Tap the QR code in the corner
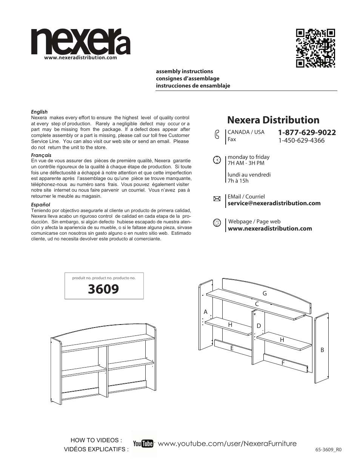pyautogui.click(x=315, y=48)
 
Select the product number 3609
pyautogui.click(x=103, y=289)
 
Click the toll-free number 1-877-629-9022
pyautogui.click(x=307, y=132)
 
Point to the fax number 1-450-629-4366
pyautogui.click(x=301, y=140)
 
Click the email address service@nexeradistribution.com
pyautogui.click(x=274, y=203)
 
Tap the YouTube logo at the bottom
pyautogui.click(x=143, y=444)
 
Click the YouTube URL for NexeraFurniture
pyautogui.click(x=227, y=444)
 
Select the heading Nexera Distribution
pyautogui.click(x=273, y=120)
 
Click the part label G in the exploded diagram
pyautogui.click(x=265, y=293)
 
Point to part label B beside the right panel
pyautogui.click(x=322, y=350)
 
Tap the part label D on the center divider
pyautogui.click(x=259, y=326)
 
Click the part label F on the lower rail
pyautogui.click(x=283, y=363)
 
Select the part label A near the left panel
pyautogui.click(x=206, y=312)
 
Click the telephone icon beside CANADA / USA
pyautogui.click(x=217, y=135)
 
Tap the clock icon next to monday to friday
pyautogui.click(x=217, y=160)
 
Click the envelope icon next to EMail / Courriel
pyautogui.click(x=217, y=199)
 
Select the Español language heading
pyautogui.click(x=40, y=205)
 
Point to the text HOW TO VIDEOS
pyautogui.click(x=96, y=440)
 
